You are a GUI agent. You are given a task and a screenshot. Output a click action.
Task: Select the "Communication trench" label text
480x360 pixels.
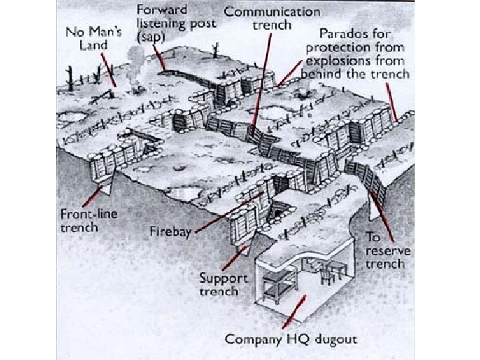(x=272, y=18)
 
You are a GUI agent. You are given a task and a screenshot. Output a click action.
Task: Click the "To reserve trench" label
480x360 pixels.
(x=388, y=251)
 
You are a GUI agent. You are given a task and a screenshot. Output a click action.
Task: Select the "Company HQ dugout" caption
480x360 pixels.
(x=291, y=339)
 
